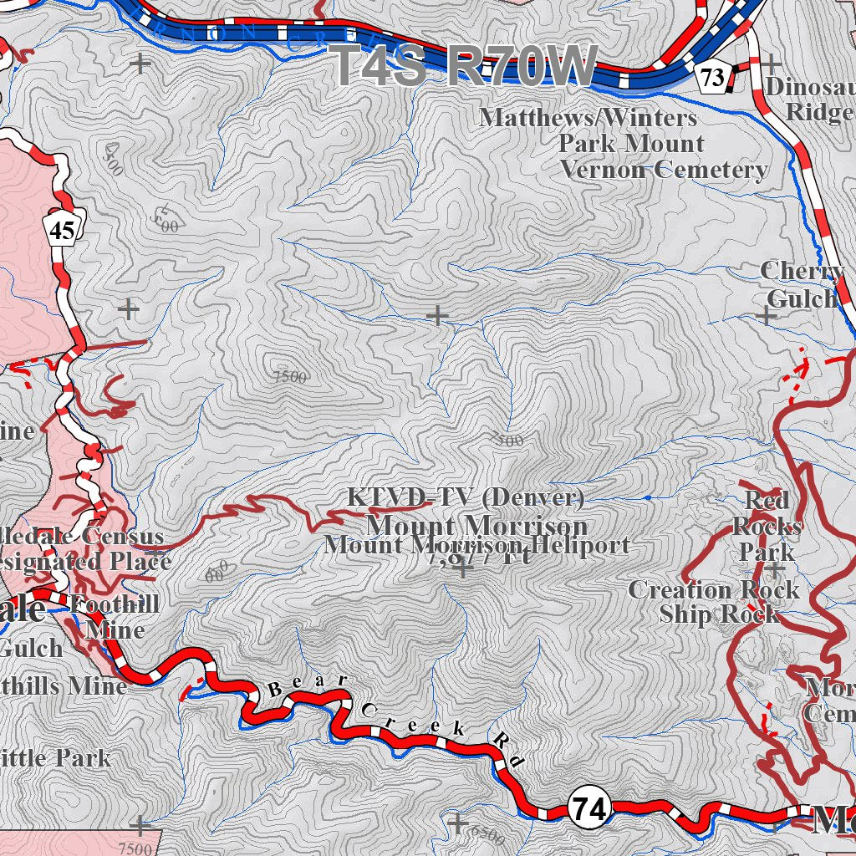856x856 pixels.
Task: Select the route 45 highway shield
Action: (61, 230)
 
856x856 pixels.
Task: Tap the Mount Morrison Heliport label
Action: (476, 546)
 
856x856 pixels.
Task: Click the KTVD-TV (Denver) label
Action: (466, 497)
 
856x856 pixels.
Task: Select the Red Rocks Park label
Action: (767, 527)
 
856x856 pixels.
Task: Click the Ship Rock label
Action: (718, 614)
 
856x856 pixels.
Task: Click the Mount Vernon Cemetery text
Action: (663, 170)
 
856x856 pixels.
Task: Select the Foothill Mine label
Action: (115, 616)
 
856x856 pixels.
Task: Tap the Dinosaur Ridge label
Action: (809, 99)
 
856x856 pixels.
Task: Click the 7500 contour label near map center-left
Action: (290, 376)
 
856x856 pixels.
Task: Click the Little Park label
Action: (55, 758)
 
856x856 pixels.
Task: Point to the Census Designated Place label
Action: (84, 548)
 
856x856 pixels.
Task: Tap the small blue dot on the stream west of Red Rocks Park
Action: (649, 498)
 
